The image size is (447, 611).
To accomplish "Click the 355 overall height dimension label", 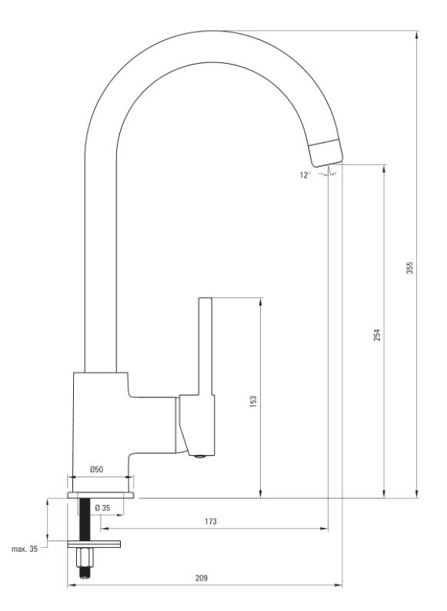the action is click(409, 267).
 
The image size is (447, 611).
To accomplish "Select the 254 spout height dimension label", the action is click(377, 335).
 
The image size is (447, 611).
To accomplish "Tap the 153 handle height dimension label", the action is click(254, 401).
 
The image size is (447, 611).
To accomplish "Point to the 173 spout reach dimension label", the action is click(210, 521).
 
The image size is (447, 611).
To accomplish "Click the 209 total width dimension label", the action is click(202, 578).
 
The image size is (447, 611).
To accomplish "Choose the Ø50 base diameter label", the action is click(97, 469).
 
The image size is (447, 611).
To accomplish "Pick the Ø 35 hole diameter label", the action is click(102, 508).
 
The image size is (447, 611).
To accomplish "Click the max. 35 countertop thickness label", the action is click(25, 549).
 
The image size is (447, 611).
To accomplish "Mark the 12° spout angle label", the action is click(305, 175).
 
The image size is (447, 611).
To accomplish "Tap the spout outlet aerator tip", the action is click(326, 153).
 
